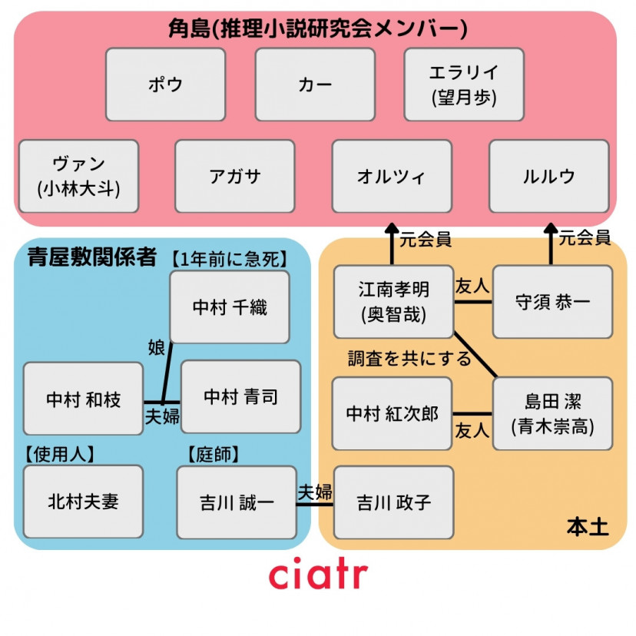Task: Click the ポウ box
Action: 165,84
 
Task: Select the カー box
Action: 315,84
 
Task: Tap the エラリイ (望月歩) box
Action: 464,84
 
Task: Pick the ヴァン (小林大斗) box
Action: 78,176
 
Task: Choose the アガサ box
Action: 234,176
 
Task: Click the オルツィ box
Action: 392,176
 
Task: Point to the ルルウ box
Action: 548,176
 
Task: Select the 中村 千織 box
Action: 230,306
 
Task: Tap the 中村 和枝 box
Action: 83,399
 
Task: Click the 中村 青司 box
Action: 240,397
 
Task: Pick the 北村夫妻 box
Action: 83,502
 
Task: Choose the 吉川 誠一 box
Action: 237,502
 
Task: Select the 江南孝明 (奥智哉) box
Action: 393,301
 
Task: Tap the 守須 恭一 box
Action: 552,301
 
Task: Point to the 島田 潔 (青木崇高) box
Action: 552,413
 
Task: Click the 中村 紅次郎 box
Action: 392,413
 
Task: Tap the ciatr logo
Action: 318,575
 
